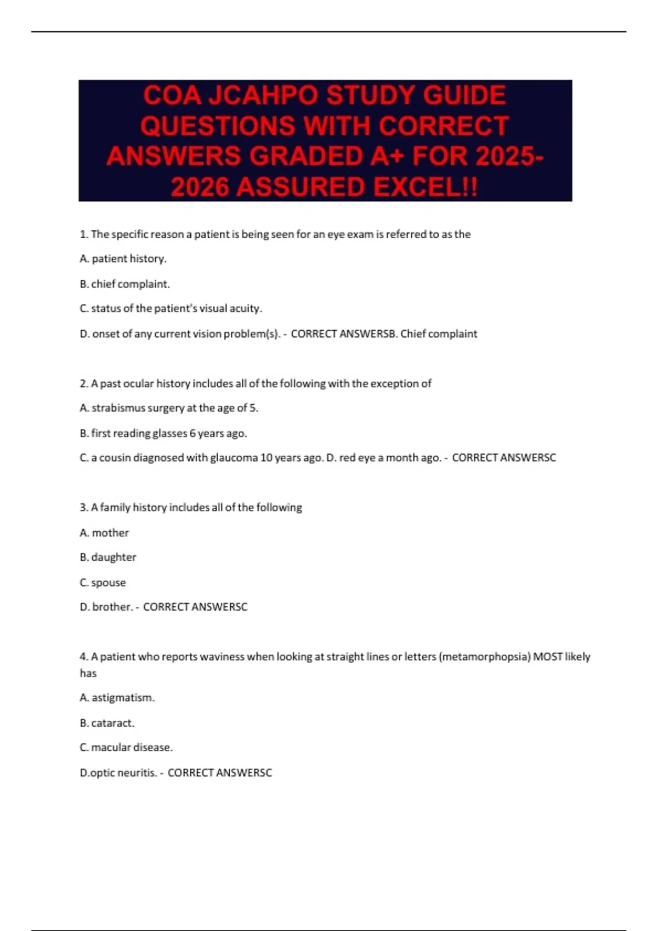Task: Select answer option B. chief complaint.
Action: (124, 284)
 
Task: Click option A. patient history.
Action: (123, 258)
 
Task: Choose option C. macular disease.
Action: (126, 747)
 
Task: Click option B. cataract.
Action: (107, 723)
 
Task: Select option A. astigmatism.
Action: (117, 698)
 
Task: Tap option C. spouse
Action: (103, 582)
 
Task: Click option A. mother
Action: (104, 532)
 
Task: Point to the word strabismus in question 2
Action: (118, 408)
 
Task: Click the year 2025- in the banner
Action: (510, 157)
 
